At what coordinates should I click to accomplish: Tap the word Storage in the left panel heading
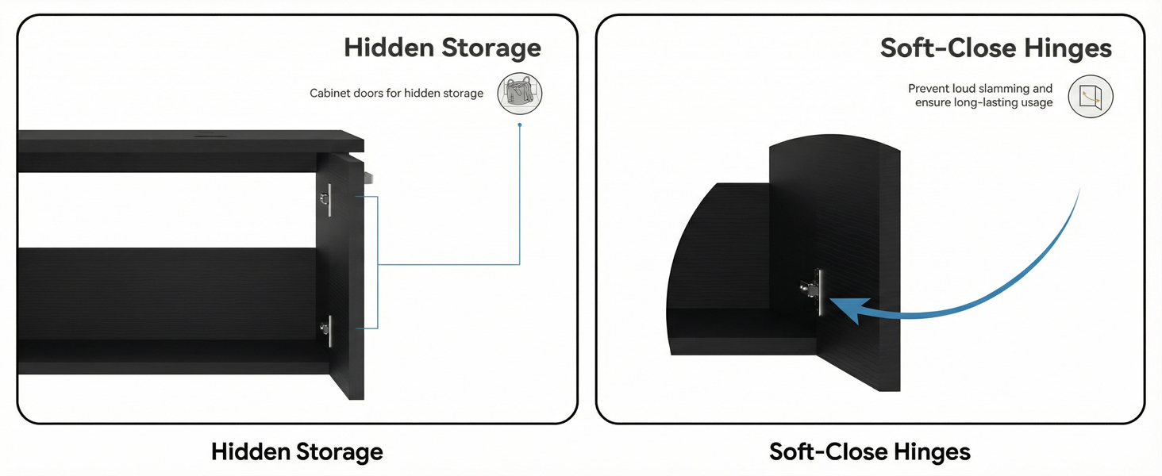[491, 48]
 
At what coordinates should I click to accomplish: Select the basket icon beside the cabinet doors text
[520, 94]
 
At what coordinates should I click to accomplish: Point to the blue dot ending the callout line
[520, 125]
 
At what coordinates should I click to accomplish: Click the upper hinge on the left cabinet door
[325, 198]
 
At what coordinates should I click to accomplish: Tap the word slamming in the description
[991, 89]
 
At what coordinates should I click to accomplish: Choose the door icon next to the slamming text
[1091, 97]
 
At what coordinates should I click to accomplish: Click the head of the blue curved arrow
[845, 309]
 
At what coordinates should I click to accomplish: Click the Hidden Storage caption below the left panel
[297, 452]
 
